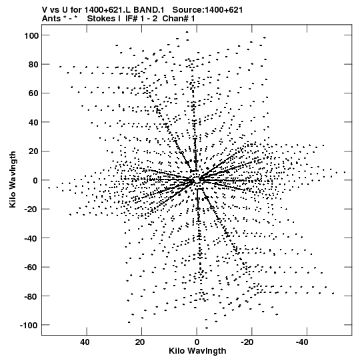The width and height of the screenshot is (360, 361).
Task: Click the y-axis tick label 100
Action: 31,35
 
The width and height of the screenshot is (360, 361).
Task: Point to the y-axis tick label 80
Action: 33,65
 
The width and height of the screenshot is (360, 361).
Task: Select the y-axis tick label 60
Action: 33,93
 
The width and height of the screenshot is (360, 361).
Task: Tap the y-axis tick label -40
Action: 31,238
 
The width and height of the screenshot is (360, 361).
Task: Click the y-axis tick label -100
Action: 29,325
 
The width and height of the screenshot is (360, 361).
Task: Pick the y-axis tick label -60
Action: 31,268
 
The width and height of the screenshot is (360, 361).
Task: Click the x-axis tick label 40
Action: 85,342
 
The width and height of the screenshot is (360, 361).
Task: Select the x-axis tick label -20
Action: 247,342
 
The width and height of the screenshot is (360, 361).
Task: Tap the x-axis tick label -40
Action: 302,342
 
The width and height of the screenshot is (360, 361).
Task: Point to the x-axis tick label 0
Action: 197,342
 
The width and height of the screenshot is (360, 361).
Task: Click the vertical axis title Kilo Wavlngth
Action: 13,179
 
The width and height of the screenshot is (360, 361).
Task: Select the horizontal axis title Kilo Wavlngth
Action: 197,351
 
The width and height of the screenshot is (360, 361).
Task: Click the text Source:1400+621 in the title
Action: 207,10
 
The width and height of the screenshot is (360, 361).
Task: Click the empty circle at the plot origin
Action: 197,179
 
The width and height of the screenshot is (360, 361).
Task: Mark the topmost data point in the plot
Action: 187,32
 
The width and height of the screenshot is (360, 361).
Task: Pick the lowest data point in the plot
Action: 207,328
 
